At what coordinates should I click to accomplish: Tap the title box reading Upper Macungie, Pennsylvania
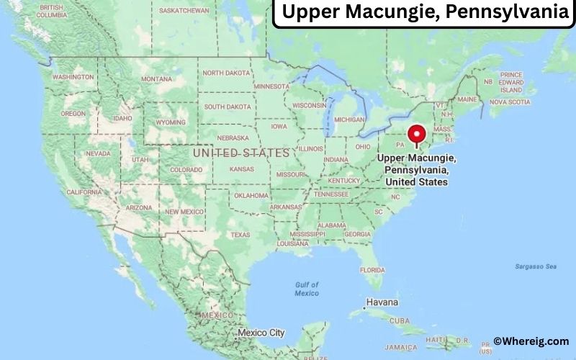coord(425,13)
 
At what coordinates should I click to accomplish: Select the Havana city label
coord(382,302)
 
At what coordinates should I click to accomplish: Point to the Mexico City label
coord(261,333)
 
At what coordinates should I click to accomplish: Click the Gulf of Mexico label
coord(307,289)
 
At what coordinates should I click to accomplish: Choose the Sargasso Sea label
coord(535,266)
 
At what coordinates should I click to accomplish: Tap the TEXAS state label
coord(240,235)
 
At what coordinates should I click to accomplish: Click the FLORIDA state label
coord(372,269)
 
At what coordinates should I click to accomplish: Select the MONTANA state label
coord(156,78)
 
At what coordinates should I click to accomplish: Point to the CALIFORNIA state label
coord(84,192)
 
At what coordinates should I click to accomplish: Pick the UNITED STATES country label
coord(241,153)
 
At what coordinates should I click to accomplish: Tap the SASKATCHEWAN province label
coord(183,11)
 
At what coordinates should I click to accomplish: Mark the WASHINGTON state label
coord(73,76)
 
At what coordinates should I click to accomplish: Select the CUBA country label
coord(400,321)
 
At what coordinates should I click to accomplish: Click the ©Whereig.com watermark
coord(531,341)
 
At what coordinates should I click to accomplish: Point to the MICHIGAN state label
coord(349,120)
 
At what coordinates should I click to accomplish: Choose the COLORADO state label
coord(186,170)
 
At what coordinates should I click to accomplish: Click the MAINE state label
coord(467,99)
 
